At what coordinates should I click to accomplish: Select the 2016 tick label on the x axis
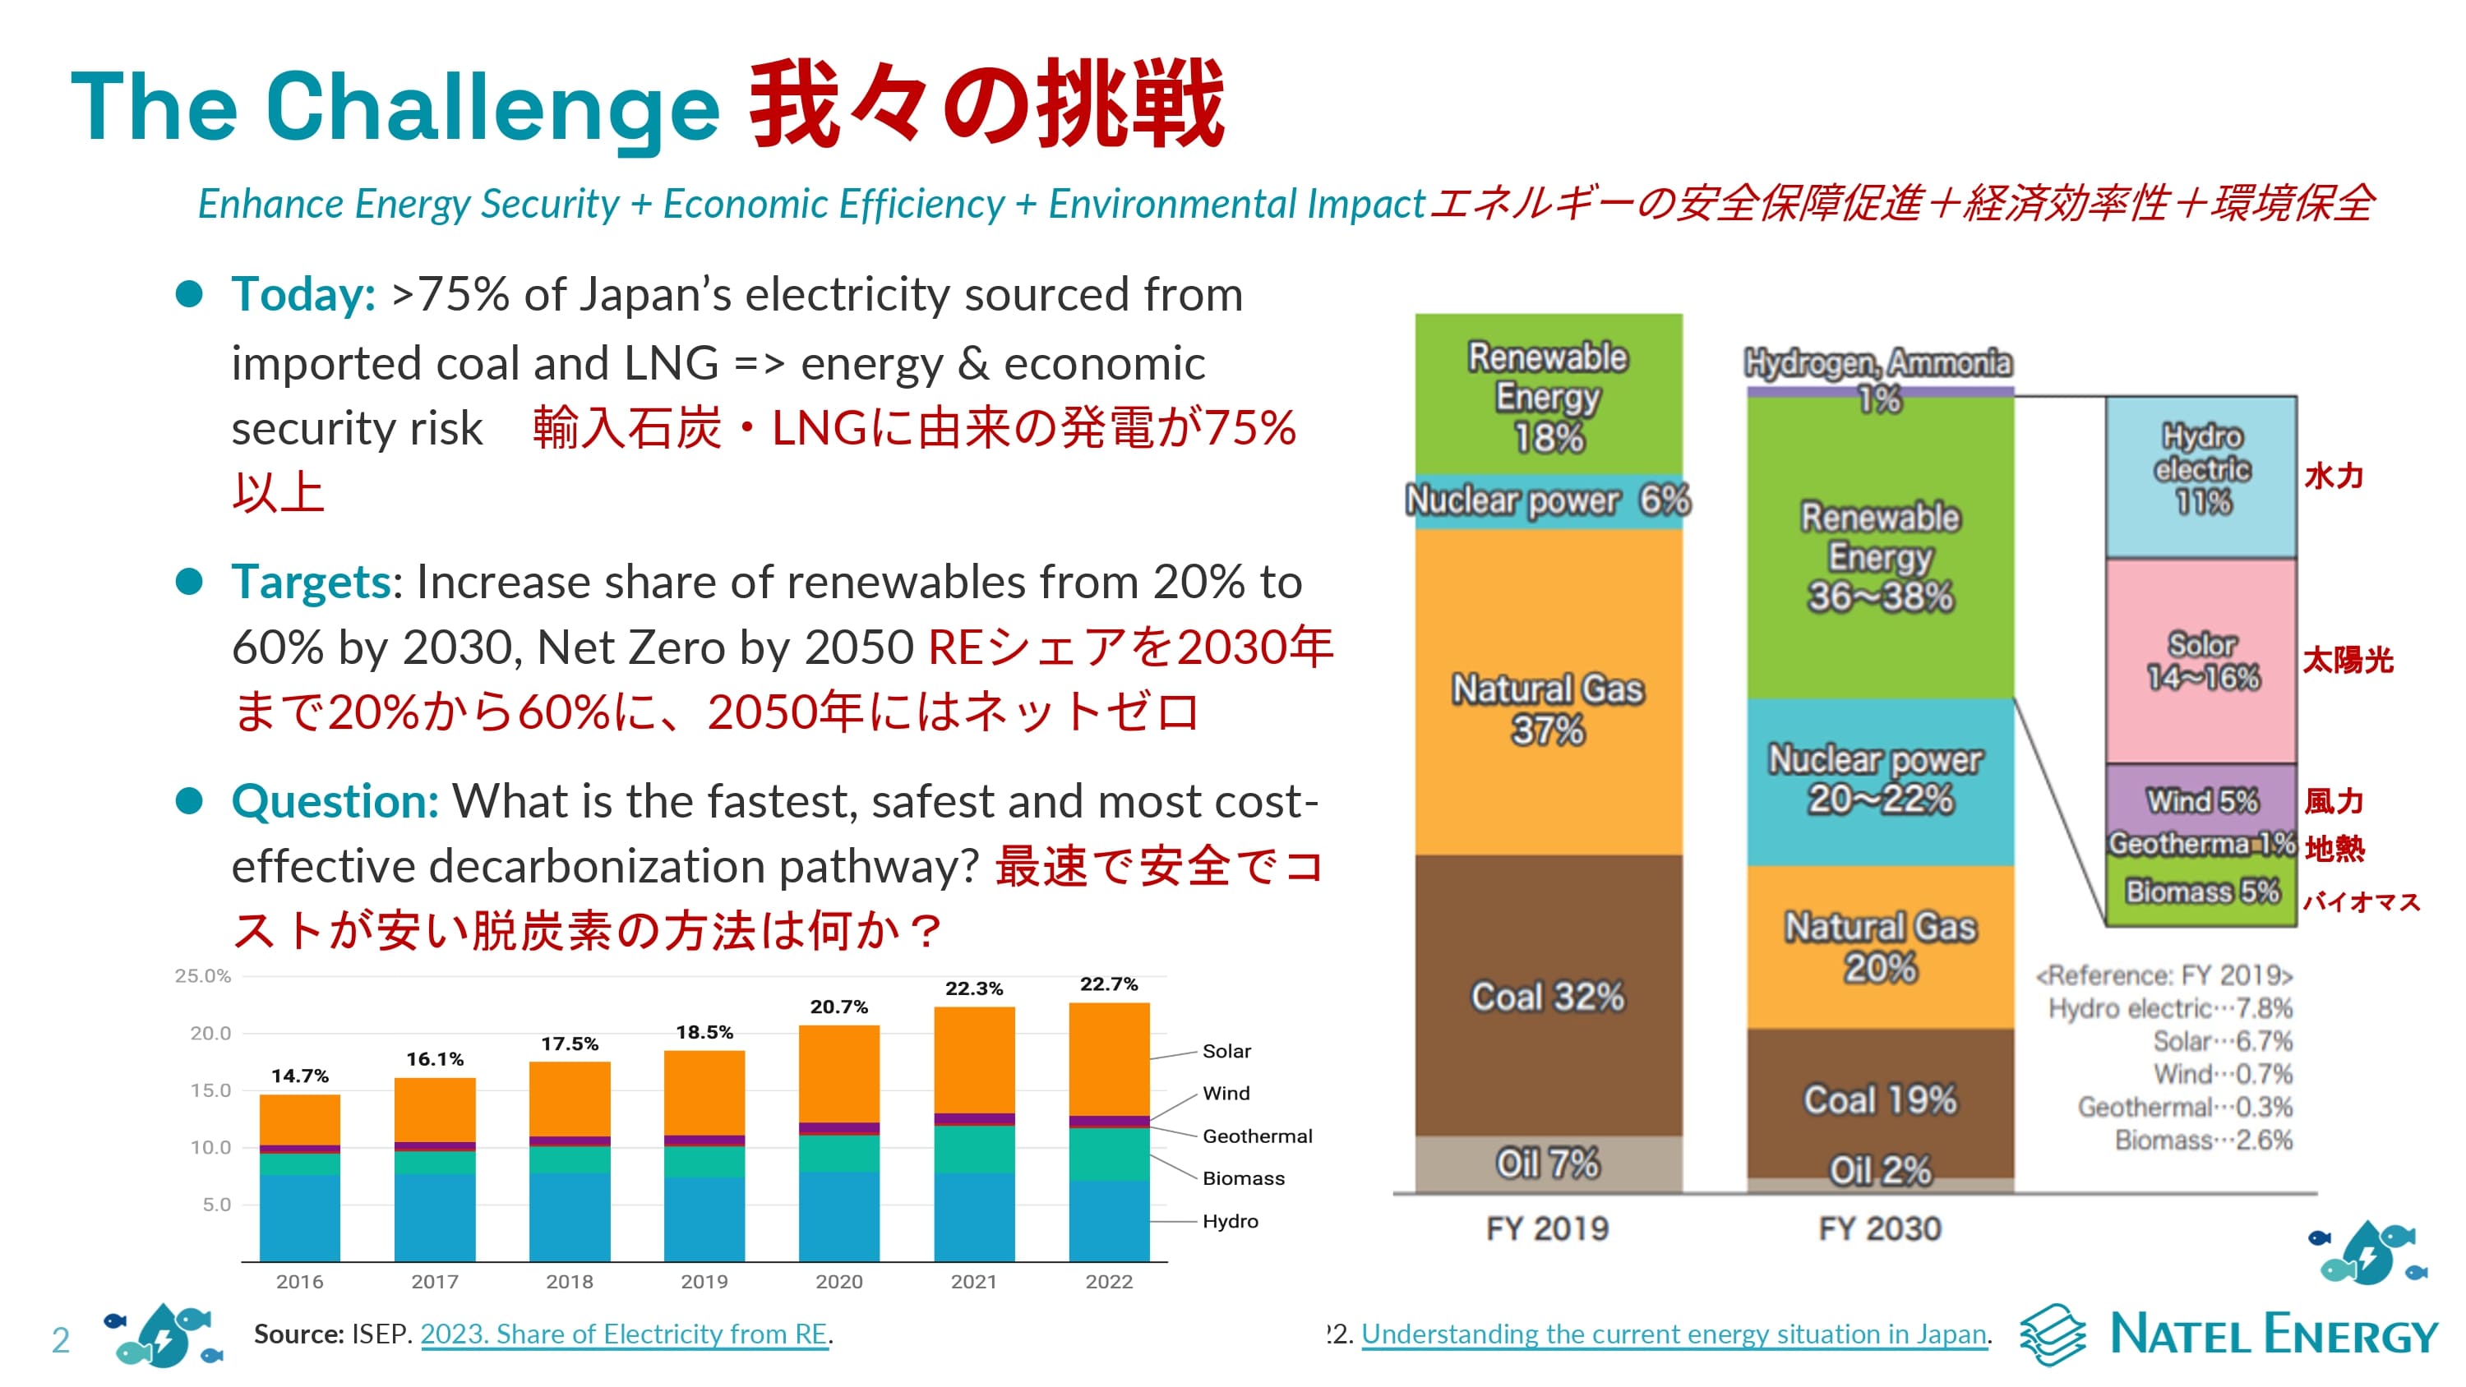[300, 1281]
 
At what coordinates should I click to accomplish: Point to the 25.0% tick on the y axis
[202, 975]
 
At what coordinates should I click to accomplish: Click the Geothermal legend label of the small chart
[1257, 1136]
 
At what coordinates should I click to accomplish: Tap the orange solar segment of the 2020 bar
[838, 1073]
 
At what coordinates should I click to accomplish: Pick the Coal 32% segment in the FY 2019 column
[1547, 996]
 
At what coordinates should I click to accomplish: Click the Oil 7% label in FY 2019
[1547, 1164]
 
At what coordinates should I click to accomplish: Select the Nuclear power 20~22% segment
[1879, 780]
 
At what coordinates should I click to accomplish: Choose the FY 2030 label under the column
[1879, 1228]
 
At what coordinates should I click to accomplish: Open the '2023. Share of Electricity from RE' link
[623, 1334]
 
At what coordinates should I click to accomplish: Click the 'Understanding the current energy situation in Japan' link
[1674, 1334]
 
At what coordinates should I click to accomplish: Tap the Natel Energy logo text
[2273, 1334]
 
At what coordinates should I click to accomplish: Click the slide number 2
[60, 1340]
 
